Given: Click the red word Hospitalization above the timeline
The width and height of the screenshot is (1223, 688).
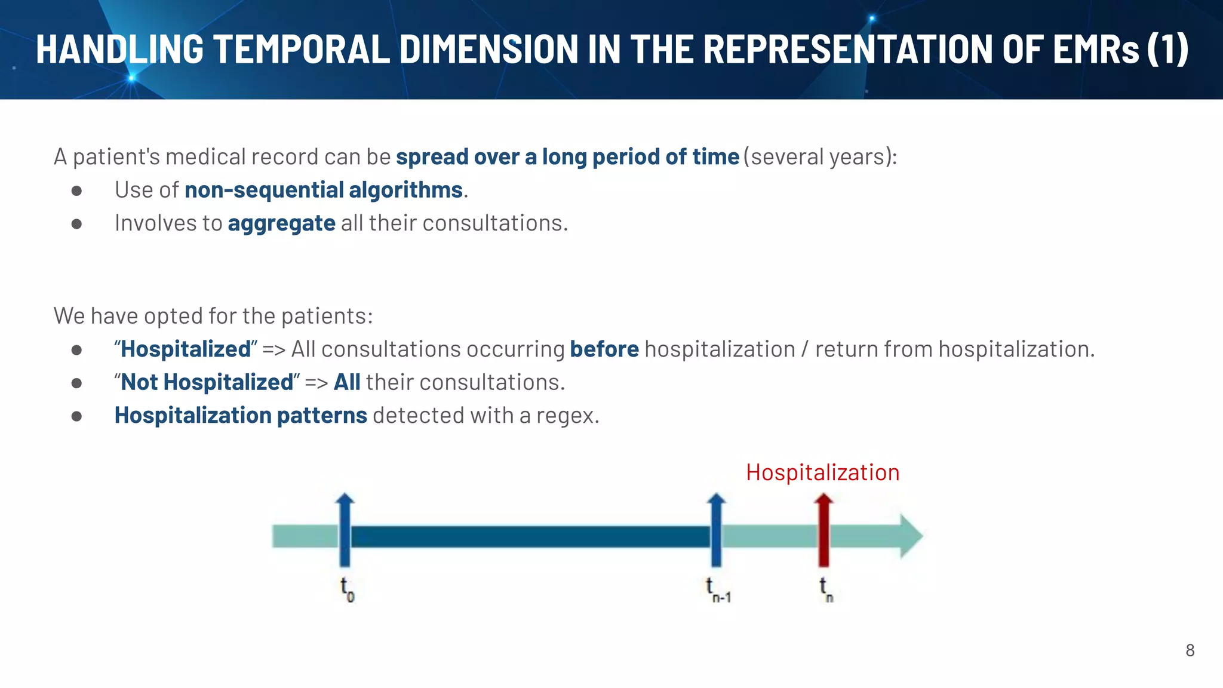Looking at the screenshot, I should coord(822,472).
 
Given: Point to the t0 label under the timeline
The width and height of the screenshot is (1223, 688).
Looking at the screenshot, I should coord(347,589).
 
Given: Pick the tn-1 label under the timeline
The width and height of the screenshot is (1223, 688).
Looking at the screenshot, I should coord(718,589).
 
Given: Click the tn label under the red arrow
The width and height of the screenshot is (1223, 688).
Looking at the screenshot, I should coord(826,589).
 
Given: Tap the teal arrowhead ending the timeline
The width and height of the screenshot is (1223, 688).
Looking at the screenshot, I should coord(911,536).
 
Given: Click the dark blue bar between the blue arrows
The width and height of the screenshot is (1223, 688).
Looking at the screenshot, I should coord(530,537).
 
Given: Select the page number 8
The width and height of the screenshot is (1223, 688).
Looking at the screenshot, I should coord(1190,650).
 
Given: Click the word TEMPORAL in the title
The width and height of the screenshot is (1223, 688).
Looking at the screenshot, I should coord(302,49).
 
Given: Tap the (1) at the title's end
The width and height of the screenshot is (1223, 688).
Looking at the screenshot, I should coord(1167,49).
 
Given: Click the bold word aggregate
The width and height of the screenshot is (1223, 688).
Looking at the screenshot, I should coord(281,223).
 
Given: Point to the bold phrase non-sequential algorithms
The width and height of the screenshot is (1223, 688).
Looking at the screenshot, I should coord(323,190).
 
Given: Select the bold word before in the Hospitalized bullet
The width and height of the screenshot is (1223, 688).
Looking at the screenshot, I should coord(604,349).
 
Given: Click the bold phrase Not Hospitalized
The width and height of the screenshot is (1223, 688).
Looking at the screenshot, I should coord(207,382).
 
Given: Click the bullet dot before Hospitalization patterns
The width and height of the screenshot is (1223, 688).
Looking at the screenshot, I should coord(76,416).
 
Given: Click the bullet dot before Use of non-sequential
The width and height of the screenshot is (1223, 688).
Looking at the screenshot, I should coord(76,191).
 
